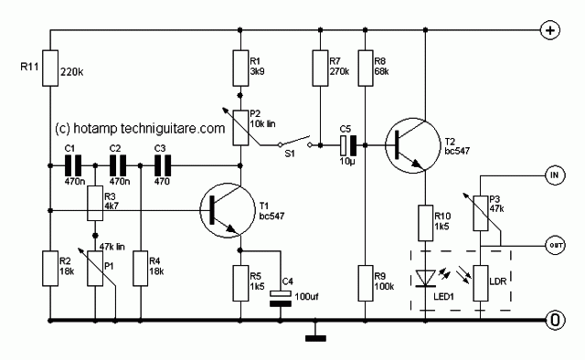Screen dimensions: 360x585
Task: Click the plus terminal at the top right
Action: [x=551, y=30]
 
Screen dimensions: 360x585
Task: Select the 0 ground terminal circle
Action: [x=553, y=321]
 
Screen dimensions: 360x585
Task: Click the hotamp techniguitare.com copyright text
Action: [x=139, y=129]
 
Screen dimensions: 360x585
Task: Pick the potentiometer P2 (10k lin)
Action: [x=239, y=128]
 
